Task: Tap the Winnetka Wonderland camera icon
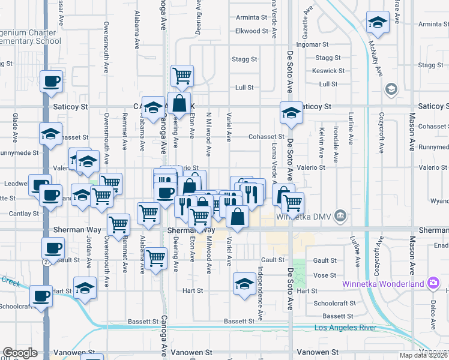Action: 433,283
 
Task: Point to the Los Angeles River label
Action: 346,328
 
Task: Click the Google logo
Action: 20,353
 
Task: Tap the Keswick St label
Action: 329,71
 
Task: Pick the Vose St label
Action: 324,275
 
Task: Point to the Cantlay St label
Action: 24,214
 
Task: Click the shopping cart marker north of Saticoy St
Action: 181,76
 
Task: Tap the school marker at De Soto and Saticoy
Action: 291,113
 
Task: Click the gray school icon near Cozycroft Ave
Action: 391,90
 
